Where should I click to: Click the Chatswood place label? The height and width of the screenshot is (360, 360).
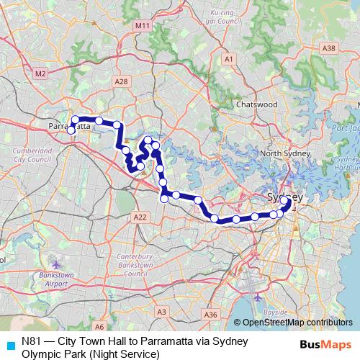[256, 104]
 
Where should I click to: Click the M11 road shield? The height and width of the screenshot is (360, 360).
[143, 25]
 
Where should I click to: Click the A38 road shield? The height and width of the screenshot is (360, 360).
[329, 48]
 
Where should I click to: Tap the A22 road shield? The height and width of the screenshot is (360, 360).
[140, 217]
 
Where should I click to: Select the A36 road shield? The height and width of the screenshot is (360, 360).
[210, 315]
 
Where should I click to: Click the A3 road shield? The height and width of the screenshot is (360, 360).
[162, 312]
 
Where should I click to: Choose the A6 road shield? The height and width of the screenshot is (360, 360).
[99, 326]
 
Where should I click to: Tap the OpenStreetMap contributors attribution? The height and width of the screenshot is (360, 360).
[297, 323]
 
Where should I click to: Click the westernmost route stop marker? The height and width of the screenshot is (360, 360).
[71, 131]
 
